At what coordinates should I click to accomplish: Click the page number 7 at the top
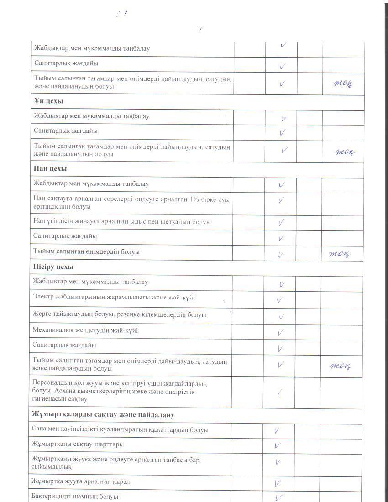point(200,29)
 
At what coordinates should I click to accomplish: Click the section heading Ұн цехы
point(48,101)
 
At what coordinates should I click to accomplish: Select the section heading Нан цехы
point(50,169)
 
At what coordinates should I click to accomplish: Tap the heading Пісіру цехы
point(53,267)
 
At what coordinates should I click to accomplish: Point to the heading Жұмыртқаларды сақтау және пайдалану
point(103,415)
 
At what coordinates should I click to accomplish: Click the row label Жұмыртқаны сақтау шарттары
point(78,444)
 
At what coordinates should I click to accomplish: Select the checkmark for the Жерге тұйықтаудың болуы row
point(282,316)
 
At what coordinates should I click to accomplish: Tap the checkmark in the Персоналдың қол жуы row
point(279,392)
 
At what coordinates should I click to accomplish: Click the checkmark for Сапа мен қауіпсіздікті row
point(277,430)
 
